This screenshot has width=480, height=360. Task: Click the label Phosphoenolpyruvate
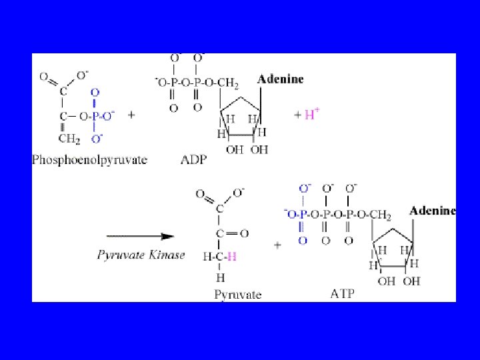pyautogui.click(x=89, y=160)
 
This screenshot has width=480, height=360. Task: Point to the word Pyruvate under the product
pyautogui.click(x=238, y=293)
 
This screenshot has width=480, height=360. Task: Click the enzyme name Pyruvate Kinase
pyautogui.click(x=141, y=255)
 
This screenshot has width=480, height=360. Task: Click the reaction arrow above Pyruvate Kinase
pyautogui.click(x=141, y=236)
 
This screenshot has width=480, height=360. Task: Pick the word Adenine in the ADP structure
pyautogui.click(x=281, y=79)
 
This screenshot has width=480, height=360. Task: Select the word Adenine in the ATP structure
pyautogui.click(x=432, y=211)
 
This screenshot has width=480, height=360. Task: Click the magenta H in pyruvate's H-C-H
pyautogui.click(x=231, y=256)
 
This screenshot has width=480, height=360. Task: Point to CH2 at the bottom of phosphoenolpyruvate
pyautogui.click(x=69, y=138)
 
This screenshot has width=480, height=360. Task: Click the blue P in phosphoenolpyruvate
pyautogui.click(x=95, y=117)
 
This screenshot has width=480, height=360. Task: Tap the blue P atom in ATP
pyautogui.click(x=303, y=215)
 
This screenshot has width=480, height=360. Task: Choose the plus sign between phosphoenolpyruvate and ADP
pyautogui.click(x=131, y=115)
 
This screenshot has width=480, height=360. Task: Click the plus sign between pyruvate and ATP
pyautogui.click(x=277, y=245)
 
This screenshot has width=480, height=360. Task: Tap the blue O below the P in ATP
pyautogui.click(x=303, y=239)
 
